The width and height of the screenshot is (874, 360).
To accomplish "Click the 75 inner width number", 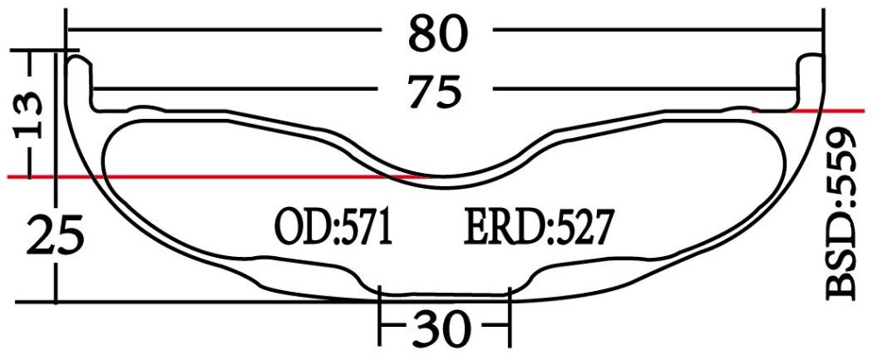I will pyautogui.click(x=437, y=90).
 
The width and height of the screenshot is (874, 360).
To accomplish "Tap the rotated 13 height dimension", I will pyautogui.click(x=28, y=113).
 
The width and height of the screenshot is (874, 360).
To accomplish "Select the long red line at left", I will pyautogui.click(x=218, y=177).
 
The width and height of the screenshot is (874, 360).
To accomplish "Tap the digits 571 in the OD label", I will pyautogui.click(x=364, y=228).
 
